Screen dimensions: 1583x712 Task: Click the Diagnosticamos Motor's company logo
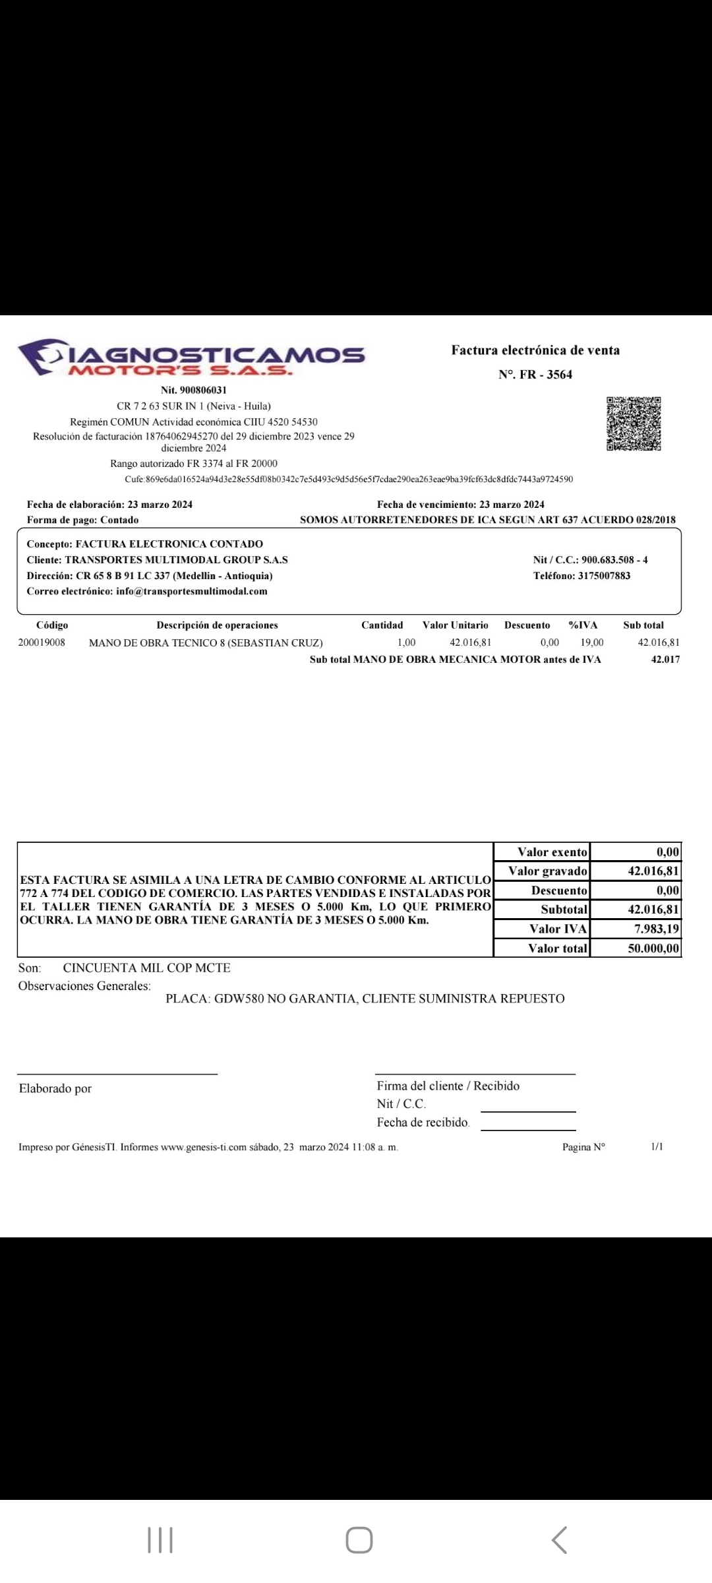[x=191, y=357]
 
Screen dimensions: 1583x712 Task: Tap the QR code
[x=634, y=424]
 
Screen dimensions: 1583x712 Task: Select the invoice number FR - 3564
[x=535, y=375]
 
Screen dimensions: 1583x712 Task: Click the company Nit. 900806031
[x=194, y=390]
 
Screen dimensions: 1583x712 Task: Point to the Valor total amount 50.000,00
[x=653, y=948]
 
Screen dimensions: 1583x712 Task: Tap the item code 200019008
[x=42, y=642]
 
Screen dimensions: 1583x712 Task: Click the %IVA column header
[x=583, y=625]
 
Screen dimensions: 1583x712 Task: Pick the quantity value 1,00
[x=406, y=642]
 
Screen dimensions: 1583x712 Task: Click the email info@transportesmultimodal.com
[x=191, y=591]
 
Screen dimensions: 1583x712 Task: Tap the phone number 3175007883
[x=604, y=576]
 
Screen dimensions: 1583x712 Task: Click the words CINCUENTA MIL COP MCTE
[x=146, y=968]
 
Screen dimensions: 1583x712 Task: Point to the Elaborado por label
[x=55, y=1088]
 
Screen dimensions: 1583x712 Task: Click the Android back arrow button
[x=559, y=1540]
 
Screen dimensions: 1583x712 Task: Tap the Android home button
[x=359, y=1540]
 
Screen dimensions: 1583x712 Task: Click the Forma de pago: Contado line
[x=83, y=520]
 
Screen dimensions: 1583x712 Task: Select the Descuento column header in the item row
[x=527, y=625]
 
